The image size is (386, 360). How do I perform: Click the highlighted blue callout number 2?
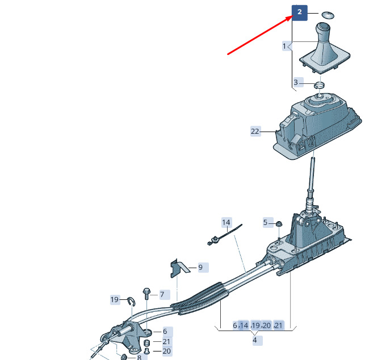(300, 12)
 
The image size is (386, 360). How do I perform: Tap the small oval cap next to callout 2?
(328, 15)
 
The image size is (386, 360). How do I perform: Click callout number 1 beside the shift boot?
(284, 46)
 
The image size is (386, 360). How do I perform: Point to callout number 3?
(296, 82)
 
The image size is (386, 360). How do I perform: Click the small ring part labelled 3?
(319, 85)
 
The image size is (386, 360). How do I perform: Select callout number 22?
(255, 132)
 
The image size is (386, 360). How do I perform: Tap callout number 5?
(265, 223)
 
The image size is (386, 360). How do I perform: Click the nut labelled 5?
(279, 224)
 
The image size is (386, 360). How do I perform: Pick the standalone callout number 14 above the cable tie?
(226, 223)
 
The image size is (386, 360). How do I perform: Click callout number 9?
(200, 267)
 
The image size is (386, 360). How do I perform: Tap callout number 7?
(162, 295)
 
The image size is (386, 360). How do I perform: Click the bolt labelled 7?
(146, 294)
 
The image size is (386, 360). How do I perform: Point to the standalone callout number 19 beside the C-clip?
(115, 299)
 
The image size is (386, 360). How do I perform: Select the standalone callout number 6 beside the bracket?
(165, 332)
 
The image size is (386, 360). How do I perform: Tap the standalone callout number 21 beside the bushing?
(166, 341)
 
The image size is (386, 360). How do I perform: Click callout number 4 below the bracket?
(254, 340)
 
